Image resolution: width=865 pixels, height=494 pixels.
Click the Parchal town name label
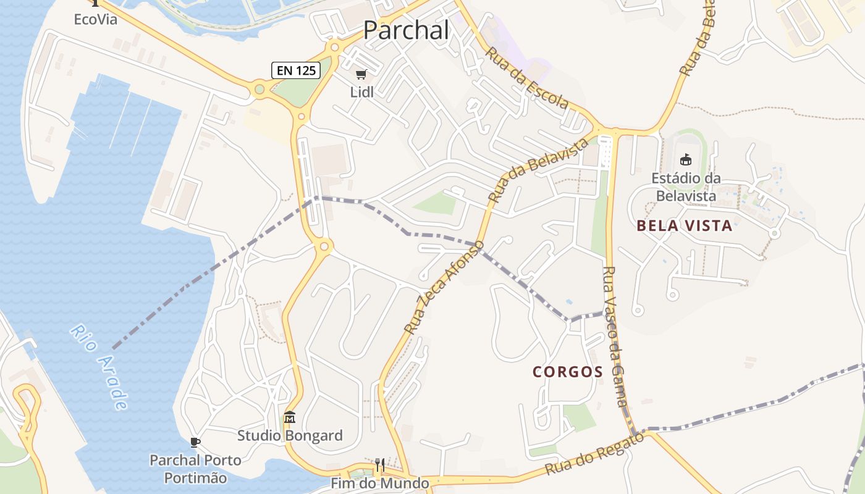(x=406, y=30)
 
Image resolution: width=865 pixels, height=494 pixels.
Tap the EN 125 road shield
(x=297, y=70)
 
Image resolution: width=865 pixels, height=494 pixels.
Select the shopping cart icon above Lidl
(x=361, y=75)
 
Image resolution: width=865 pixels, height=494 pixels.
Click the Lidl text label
(x=361, y=93)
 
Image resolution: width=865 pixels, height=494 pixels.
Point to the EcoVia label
(x=95, y=19)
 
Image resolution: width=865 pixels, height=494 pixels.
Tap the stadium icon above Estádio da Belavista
(x=685, y=160)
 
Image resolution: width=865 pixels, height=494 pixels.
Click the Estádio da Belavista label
(x=685, y=187)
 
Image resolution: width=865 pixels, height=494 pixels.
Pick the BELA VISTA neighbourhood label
(x=685, y=226)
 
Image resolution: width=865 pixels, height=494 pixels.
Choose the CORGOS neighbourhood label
(x=568, y=372)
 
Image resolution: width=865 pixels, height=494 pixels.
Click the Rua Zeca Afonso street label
(x=444, y=288)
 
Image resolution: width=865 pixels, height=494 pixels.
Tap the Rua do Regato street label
(x=594, y=454)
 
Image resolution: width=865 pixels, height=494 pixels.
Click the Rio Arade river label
(x=99, y=367)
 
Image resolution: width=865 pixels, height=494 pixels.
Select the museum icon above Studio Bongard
(x=290, y=417)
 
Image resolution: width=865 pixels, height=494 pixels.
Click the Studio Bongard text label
(x=290, y=436)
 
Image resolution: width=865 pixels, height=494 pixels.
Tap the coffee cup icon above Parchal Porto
(x=195, y=442)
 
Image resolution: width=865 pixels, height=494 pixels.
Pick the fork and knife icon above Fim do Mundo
(x=380, y=464)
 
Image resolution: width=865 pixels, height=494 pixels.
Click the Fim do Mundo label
(x=380, y=483)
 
